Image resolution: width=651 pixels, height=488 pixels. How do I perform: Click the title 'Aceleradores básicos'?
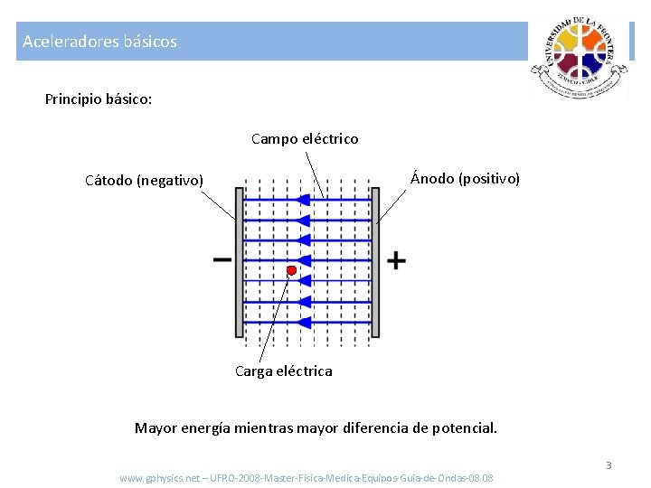99,42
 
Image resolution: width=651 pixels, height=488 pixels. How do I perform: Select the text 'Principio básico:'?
99,99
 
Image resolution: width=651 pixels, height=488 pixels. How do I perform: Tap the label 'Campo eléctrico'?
305,139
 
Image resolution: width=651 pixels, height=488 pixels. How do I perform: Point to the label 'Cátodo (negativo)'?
145,180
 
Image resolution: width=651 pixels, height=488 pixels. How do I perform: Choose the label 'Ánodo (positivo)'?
465,178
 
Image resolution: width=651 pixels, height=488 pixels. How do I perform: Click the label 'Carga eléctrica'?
283,371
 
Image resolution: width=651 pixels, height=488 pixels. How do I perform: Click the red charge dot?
292,270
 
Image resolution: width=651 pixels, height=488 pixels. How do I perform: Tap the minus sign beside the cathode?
222,260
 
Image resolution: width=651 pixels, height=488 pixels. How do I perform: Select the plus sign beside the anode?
396,261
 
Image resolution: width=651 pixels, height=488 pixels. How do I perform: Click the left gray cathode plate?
240,261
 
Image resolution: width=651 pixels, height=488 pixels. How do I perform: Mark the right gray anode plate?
375,261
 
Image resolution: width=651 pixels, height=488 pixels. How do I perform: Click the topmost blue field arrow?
307,199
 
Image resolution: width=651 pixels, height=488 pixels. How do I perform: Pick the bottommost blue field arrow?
307,323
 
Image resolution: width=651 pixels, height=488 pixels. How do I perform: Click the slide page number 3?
609,465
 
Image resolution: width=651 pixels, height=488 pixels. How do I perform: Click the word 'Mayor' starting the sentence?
156,427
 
